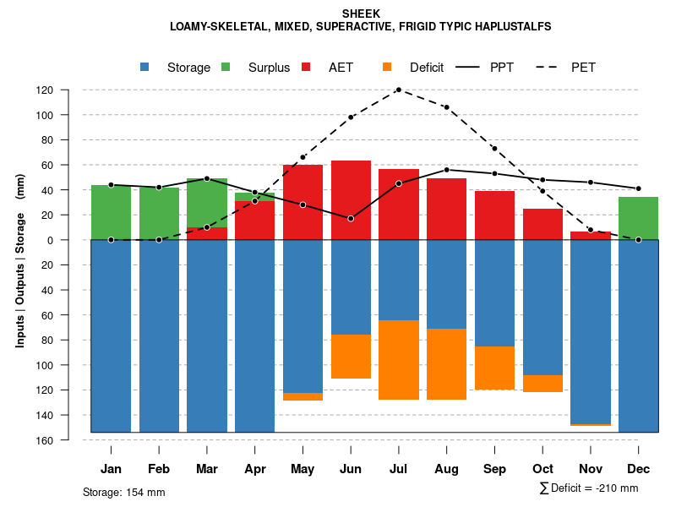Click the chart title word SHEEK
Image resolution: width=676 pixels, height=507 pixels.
tap(361, 14)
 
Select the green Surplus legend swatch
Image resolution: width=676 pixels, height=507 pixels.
tap(226, 68)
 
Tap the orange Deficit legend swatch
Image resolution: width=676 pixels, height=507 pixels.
tap(387, 68)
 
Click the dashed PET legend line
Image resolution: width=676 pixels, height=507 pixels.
tap(550, 68)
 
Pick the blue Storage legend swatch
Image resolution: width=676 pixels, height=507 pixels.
tap(145, 68)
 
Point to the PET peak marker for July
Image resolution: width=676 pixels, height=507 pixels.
tap(398, 90)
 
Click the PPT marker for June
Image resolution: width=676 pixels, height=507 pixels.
tap(351, 219)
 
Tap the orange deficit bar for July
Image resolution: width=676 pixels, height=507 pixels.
tap(398, 360)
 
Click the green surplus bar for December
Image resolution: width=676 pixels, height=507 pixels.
tap(638, 218)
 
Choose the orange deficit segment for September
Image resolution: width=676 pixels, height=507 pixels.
tap(494, 368)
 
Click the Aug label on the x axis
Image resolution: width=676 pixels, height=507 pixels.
tap(446, 469)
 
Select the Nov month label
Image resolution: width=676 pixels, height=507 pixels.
tap(591, 469)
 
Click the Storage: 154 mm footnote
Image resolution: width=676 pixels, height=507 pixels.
tap(123, 492)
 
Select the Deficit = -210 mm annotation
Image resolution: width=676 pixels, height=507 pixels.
tap(589, 488)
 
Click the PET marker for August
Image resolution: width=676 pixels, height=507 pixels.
tap(446, 107)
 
